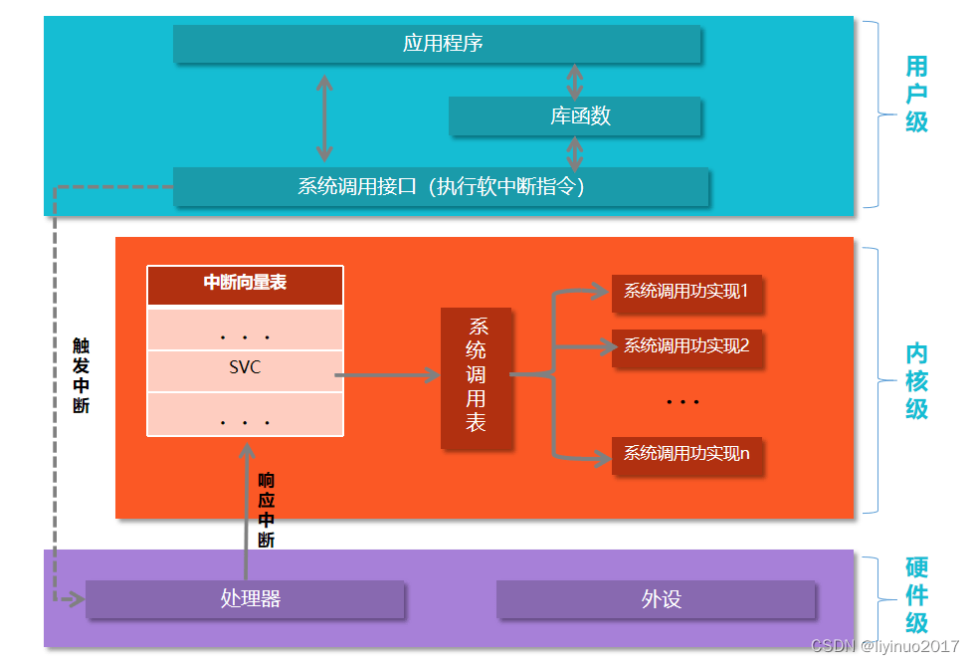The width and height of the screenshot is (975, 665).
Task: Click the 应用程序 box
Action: click(x=437, y=44)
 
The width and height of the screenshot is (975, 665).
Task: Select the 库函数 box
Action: click(x=575, y=115)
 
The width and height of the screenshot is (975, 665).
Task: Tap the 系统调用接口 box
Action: click(x=441, y=186)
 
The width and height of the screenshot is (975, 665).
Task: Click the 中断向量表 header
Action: click(x=245, y=284)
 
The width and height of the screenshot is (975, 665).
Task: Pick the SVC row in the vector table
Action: click(x=245, y=368)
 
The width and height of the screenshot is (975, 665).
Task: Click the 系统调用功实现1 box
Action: click(x=685, y=292)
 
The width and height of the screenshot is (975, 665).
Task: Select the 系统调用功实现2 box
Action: click(x=685, y=346)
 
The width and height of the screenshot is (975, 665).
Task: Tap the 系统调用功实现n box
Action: click(x=685, y=454)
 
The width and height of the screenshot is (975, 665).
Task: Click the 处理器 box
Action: click(x=245, y=599)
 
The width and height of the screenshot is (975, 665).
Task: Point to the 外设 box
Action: click(x=657, y=599)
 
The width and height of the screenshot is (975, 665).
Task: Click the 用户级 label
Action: click(x=916, y=95)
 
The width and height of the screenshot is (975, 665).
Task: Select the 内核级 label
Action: click(x=916, y=381)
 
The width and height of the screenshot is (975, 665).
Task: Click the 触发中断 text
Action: click(x=81, y=375)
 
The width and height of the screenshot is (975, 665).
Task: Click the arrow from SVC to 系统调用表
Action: click(x=388, y=375)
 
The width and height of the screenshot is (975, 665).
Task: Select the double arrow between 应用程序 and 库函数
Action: click(x=574, y=81)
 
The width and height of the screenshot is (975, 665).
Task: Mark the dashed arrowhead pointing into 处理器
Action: click(x=74, y=599)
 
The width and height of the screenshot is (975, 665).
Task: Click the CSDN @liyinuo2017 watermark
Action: click(x=884, y=647)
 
